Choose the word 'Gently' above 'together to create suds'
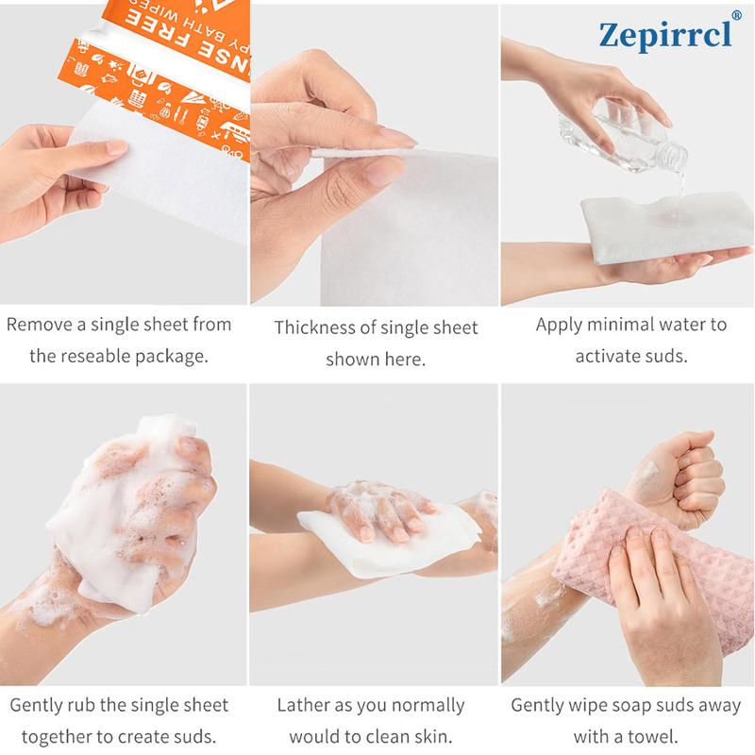42,705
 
